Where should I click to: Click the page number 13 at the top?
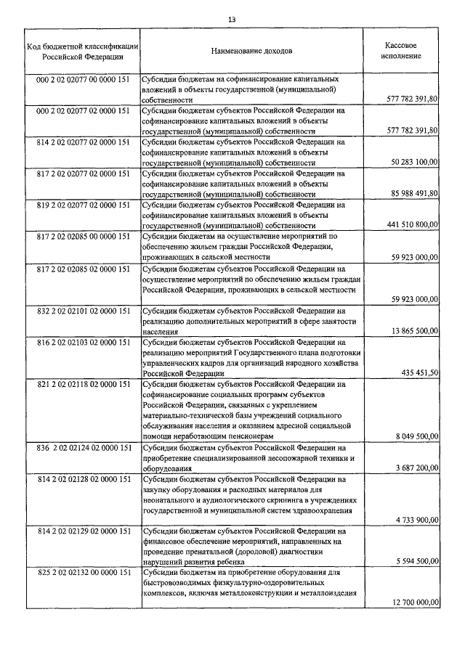point(232,20)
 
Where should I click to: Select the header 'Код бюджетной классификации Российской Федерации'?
point(79,50)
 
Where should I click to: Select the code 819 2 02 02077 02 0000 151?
point(83,205)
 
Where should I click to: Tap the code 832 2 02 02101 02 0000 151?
point(83,311)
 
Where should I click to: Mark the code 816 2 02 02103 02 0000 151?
point(83,342)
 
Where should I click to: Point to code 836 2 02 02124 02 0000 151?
point(83,448)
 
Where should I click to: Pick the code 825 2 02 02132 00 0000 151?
point(83,574)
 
